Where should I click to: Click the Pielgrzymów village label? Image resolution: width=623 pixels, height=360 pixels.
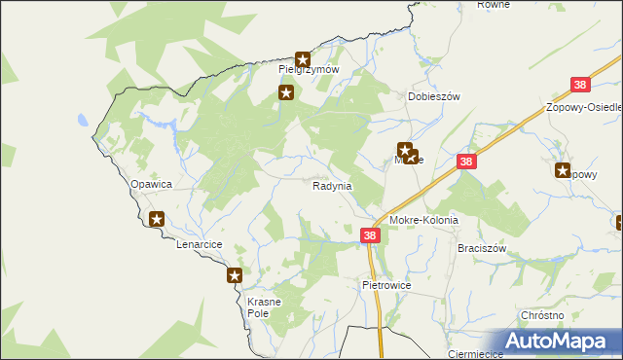pyautogui.click(x=308, y=70)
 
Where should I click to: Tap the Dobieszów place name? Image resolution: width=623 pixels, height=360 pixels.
pyautogui.click(x=432, y=97)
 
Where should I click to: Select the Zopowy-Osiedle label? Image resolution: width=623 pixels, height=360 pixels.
pyautogui.click(x=584, y=107)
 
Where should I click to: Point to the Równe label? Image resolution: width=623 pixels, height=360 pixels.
pyautogui.click(x=495, y=5)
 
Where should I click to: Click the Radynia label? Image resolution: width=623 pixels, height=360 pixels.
pyautogui.click(x=332, y=185)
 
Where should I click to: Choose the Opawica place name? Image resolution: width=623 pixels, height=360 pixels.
pyautogui.click(x=151, y=183)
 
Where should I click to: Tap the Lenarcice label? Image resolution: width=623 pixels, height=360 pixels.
pyautogui.click(x=200, y=244)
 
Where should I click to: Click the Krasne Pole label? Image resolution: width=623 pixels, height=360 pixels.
pyautogui.click(x=264, y=308)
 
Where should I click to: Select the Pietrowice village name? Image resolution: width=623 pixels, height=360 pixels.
pyautogui.click(x=387, y=286)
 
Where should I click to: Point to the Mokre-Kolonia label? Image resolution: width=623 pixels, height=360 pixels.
pyautogui.click(x=423, y=221)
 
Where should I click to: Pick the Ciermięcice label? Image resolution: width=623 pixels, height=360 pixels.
pyautogui.click(x=474, y=354)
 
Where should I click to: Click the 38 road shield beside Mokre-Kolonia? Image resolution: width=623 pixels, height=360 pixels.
pyautogui.click(x=370, y=235)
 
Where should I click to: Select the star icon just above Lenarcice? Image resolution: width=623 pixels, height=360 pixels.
pyautogui.click(x=157, y=220)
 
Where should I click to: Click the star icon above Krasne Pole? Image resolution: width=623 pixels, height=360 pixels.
pyautogui.click(x=235, y=276)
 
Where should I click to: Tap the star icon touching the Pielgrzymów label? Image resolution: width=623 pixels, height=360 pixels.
pyautogui.click(x=303, y=58)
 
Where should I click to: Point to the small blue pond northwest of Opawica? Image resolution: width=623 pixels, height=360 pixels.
pyautogui.click(x=85, y=123)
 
